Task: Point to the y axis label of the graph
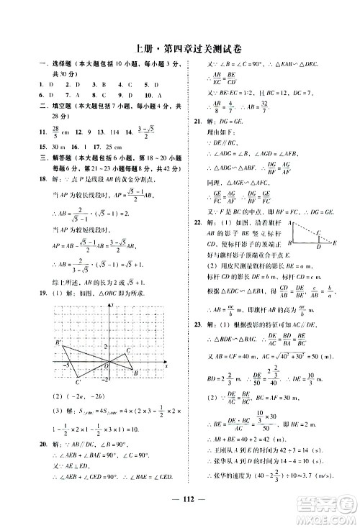click(x=114, y=306)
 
